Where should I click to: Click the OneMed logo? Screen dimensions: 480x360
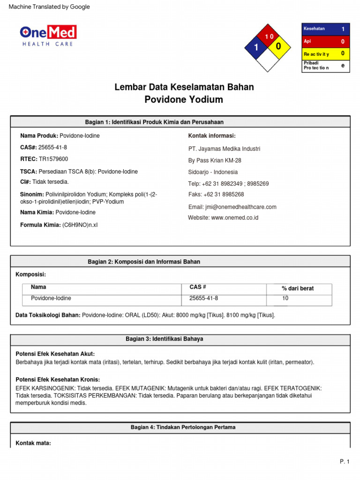coord(48,36)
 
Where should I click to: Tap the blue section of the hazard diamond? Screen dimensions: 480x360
coord(256,47)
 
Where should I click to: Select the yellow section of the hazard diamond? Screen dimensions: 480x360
coord(278,47)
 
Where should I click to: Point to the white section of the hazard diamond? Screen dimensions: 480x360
coord(267,59)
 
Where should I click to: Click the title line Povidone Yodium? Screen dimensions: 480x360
coord(184,99)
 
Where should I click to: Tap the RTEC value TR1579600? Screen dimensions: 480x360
coord(53,159)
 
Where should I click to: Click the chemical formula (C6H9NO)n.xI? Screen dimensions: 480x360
coord(80,225)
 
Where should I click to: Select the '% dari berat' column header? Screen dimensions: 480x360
coord(298,288)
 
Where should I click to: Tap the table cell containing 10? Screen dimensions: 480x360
coord(285,298)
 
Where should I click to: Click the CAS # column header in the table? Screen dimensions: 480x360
coord(198,287)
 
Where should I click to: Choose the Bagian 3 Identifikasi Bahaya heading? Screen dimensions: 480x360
coord(164,338)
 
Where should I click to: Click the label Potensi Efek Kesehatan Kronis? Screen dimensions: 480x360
coord(58,379)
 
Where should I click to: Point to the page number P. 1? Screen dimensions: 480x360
coord(345,462)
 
